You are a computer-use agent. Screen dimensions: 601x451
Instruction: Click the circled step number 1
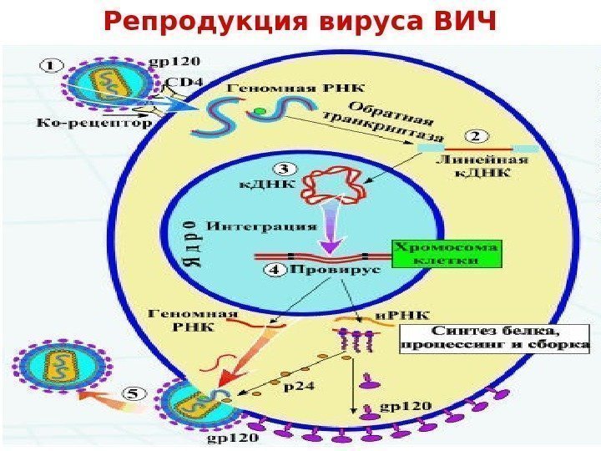(x=52, y=63)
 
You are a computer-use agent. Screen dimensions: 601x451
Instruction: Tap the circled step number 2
(x=477, y=136)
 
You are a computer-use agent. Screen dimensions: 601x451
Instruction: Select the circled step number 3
(x=285, y=169)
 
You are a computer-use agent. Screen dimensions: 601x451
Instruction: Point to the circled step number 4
(x=274, y=270)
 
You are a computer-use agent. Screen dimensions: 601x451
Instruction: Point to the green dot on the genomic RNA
(x=260, y=110)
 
